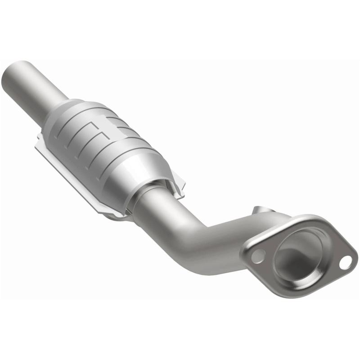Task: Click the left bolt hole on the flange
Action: coord(257,256)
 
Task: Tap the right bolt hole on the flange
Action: coord(345,262)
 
